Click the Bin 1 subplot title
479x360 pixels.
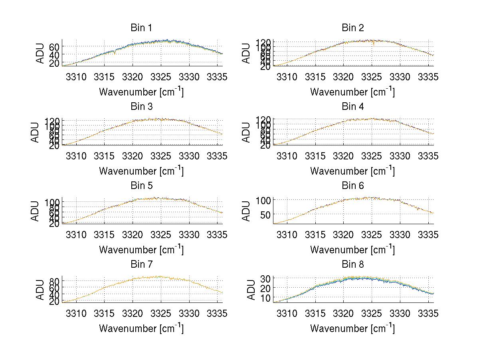coord(141,28)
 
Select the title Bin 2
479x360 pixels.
coord(353,28)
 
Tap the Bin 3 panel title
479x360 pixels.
coord(141,107)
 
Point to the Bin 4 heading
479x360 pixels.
coord(353,107)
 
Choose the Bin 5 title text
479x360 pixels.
coord(141,186)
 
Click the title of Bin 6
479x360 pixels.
coord(353,186)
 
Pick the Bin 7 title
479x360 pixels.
coord(141,265)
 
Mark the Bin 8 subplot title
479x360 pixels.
coord(353,265)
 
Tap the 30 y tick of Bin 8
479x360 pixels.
coord(266,278)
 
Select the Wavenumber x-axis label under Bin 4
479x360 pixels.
coord(352,171)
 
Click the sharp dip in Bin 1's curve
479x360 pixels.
coord(115,54)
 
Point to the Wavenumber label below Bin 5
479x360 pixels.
coord(141,250)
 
